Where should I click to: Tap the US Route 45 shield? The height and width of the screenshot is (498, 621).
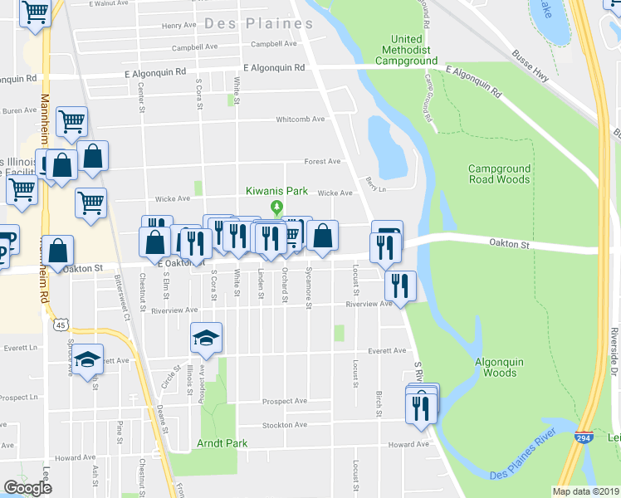click(61, 324)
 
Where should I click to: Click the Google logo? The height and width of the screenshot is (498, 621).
click(27, 488)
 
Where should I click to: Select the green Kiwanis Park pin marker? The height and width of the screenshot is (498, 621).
click(277, 207)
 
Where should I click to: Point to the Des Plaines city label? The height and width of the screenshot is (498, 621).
click(258, 23)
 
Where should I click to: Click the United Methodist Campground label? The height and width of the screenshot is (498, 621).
click(407, 51)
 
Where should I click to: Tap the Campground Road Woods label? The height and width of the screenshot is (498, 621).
click(498, 173)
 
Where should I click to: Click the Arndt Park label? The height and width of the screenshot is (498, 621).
click(222, 443)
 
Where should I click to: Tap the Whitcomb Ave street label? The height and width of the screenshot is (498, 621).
click(301, 119)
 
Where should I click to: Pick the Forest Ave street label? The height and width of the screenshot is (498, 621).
click(323, 161)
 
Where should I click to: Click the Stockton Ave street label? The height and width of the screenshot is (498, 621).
click(284, 425)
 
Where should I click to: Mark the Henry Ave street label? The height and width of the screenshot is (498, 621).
click(179, 26)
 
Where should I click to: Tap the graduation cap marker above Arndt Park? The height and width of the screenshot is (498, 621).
click(207, 338)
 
